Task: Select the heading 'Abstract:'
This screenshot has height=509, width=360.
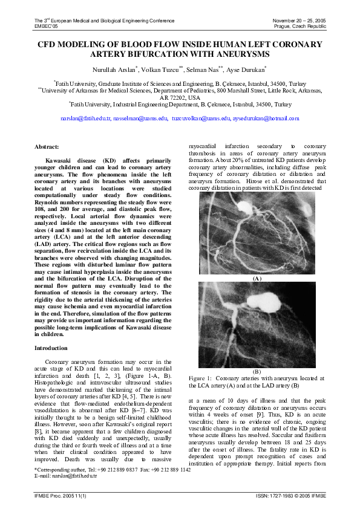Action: click(47, 147)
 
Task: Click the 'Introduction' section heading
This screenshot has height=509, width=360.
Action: click(51, 348)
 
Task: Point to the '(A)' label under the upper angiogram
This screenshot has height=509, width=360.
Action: click(257, 279)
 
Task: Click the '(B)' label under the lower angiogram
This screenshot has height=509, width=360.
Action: click(257, 371)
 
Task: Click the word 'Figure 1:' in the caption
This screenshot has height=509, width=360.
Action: click(200, 378)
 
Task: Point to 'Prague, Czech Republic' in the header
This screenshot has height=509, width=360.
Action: click(299, 27)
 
